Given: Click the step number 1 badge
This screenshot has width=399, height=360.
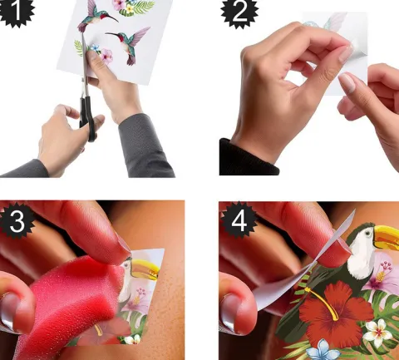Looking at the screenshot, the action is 16,11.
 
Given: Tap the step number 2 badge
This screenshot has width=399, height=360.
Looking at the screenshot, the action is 239,11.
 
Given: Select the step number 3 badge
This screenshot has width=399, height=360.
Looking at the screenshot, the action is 17,221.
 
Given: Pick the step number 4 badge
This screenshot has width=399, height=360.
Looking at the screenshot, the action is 239,221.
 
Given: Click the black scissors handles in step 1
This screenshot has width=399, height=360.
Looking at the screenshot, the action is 88,119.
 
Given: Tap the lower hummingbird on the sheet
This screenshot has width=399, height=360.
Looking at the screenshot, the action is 131,44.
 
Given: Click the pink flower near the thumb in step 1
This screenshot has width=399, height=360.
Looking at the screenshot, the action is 106,57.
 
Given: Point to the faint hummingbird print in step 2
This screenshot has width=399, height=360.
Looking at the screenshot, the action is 331,22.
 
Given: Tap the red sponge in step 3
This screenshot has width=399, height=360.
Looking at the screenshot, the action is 69,305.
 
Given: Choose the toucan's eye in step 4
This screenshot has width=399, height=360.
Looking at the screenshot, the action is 367,233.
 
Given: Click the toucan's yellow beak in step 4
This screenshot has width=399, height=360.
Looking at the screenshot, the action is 386,238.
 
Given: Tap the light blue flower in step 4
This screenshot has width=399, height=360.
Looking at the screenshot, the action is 323,350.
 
